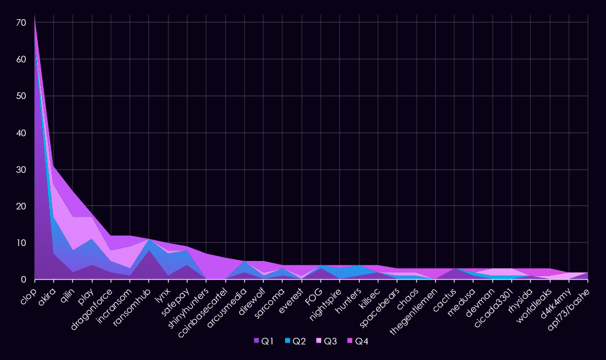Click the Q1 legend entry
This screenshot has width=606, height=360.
264,341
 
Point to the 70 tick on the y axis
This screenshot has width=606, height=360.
21,23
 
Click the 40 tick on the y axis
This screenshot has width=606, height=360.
21,133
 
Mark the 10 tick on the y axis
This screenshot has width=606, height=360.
21,243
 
